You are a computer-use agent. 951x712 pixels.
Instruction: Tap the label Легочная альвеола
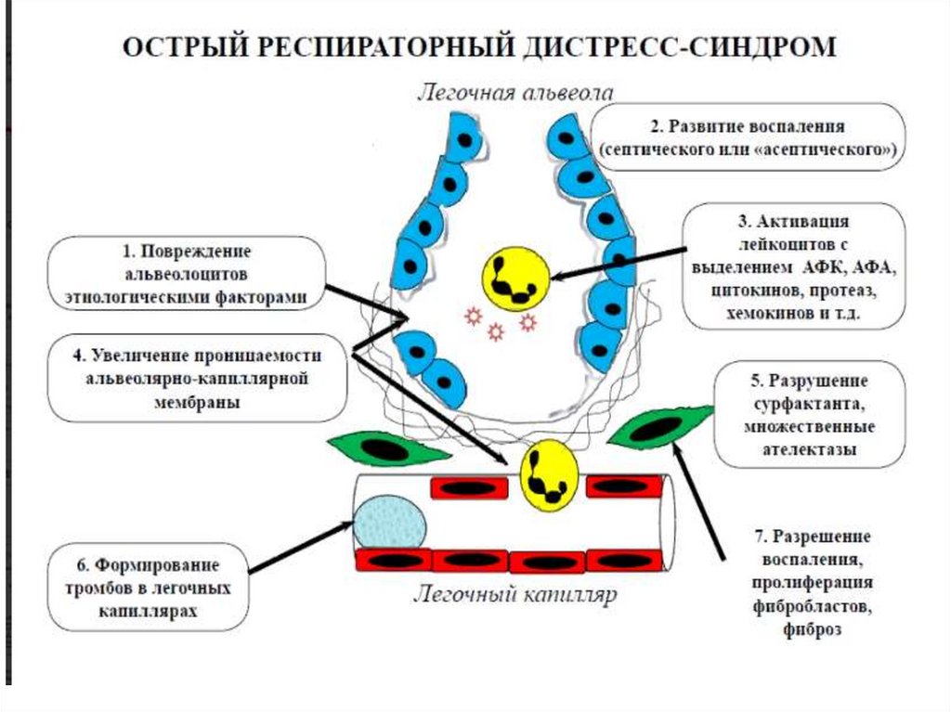[x=515, y=93]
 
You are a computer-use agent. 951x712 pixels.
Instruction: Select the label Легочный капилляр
[x=515, y=594]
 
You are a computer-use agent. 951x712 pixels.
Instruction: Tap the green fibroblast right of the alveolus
[x=660, y=427]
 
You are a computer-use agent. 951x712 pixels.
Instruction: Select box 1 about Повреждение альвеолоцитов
[x=187, y=274]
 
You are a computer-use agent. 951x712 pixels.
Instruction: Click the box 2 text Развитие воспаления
[x=747, y=127]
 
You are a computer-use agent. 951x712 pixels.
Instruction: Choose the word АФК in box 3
[x=826, y=268]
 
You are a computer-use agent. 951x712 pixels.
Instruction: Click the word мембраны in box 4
[x=197, y=403]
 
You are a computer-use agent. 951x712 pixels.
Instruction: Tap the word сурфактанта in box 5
[x=808, y=405]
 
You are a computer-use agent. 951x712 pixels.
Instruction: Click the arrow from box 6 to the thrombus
[x=302, y=547]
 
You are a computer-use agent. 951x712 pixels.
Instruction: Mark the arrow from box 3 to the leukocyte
[x=618, y=264]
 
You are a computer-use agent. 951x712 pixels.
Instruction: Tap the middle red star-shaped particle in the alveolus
[x=496, y=331]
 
